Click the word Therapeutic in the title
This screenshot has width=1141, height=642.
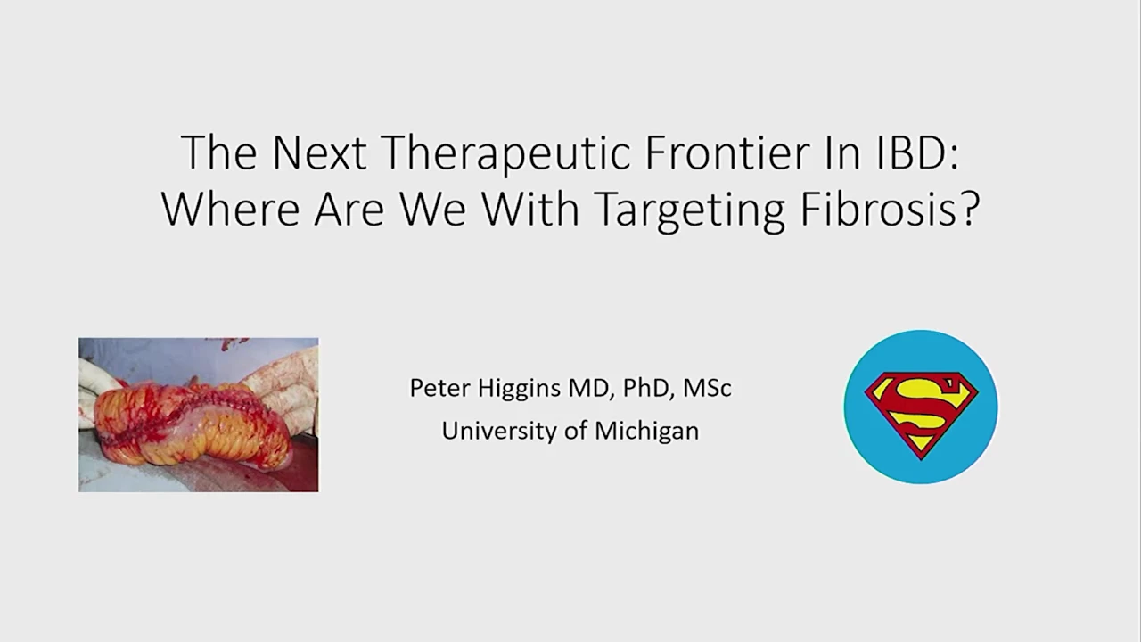click(506, 154)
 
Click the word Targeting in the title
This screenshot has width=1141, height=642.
click(689, 211)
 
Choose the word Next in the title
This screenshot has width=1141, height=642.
click(319, 152)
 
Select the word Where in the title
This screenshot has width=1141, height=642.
click(230, 209)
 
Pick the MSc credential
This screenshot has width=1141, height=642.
click(707, 388)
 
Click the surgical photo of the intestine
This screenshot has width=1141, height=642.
click(199, 415)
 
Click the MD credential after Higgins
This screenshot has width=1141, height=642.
click(590, 389)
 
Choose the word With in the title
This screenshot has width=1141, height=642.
click(530, 209)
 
